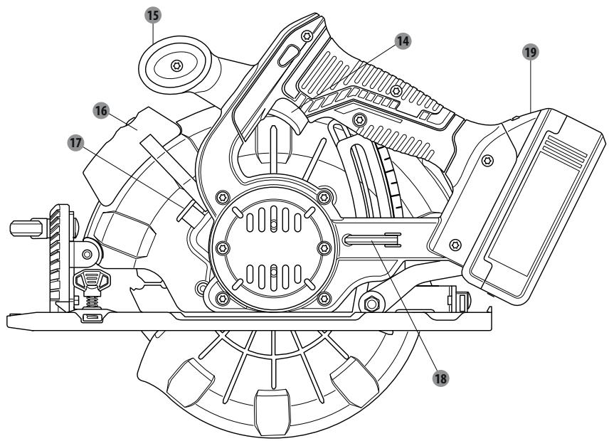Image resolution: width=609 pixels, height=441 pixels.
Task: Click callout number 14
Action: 403,41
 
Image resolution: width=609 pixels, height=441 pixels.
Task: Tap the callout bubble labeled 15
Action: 154,16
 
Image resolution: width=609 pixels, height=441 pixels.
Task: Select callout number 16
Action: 101,111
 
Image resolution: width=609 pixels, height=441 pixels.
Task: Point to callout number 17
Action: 75,143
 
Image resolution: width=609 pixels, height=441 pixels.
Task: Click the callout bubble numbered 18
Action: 440,378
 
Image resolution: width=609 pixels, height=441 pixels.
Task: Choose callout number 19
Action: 531,52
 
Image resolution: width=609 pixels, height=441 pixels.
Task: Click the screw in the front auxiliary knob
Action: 177,65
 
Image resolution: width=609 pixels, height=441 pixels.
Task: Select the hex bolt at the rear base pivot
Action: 371,304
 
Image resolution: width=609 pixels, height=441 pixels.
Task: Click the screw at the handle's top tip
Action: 307,36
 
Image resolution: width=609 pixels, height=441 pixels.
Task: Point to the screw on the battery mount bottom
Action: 455,245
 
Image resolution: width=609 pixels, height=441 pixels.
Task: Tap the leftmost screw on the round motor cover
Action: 222,248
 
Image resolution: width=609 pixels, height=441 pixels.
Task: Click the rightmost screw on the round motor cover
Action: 324,248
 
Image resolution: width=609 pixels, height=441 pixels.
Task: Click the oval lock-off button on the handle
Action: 287,55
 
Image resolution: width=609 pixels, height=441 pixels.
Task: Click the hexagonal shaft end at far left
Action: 26,228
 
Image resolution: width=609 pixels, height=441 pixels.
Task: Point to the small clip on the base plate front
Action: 92,317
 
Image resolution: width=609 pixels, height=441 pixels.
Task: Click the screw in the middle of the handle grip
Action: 396,91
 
